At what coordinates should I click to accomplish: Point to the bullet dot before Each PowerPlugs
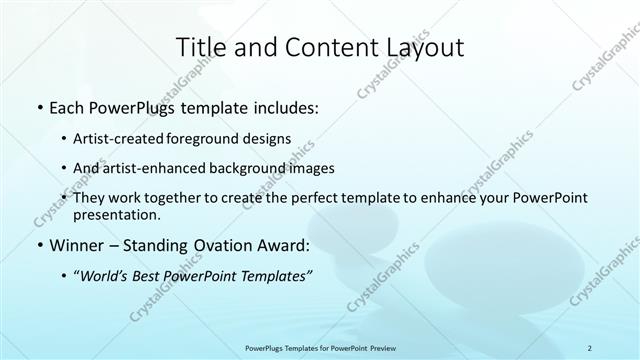coord(39,107)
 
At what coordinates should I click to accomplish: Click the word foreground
coord(213,139)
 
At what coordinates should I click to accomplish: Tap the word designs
coord(269,139)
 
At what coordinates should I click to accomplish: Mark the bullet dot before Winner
coord(39,245)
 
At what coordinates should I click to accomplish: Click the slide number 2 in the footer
coord(590,348)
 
